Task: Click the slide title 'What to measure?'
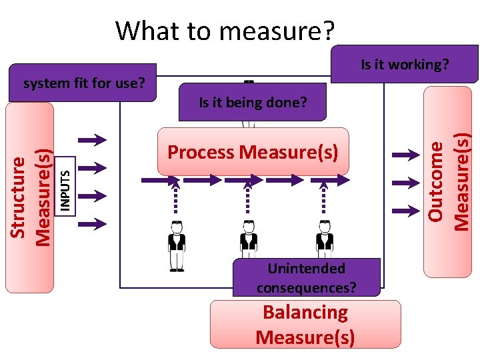pyautogui.click(x=225, y=31)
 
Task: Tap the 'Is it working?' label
pyautogui.click(x=404, y=65)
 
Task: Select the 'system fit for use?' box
pyautogui.click(x=83, y=83)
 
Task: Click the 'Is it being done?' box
pyautogui.click(x=253, y=102)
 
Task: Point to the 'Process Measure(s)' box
pyautogui.click(x=253, y=152)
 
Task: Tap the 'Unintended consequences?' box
pyautogui.click(x=306, y=278)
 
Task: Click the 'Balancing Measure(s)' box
pyautogui.click(x=305, y=324)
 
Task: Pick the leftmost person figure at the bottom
pyautogui.click(x=177, y=245)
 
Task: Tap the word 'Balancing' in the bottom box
pyautogui.click(x=305, y=312)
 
